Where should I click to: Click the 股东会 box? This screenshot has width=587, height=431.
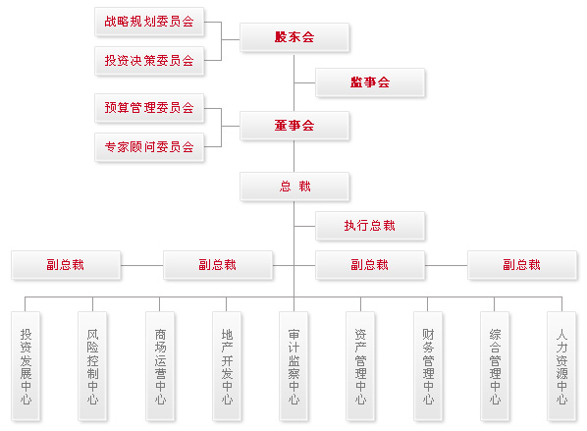pyautogui.click(x=294, y=37)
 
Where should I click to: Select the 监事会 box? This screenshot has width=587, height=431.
pyautogui.click(x=370, y=82)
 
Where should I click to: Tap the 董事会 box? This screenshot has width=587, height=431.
pyautogui.click(x=294, y=126)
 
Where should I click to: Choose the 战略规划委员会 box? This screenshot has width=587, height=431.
pyautogui.click(x=149, y=22)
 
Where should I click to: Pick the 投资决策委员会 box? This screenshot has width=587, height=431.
pyautogui.click(x=149, y=61)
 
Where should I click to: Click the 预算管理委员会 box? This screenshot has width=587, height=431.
pyautogui.click(x=149, y=108)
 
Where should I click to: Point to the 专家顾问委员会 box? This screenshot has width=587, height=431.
pyautogui.click(x=149, y=147)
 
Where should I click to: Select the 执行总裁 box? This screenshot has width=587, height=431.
pyautogui.click(x=370, y=226)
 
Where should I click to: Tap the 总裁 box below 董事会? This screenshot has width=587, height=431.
pyautogui.click(x=294, y=187)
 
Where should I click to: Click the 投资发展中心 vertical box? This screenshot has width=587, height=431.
pyautogui.click(x=26, y=366)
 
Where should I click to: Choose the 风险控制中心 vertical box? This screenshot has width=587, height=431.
pyautogui.click(x=92, y=366)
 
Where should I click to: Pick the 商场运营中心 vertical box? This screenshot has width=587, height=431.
pyautogui.click(x=160, y=366)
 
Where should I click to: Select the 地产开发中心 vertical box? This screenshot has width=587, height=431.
pyautogui.click(x=227, y=366)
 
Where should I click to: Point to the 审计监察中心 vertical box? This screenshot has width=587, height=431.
pyautogui.click(x=293, y=366)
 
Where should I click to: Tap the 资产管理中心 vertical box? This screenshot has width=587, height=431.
pyautogui.click(x=360, y=366)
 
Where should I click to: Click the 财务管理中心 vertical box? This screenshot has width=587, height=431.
pyautogui.click(x=428, y=366)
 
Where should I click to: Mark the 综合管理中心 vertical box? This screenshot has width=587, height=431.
pyautogui.click(x=495, y=366)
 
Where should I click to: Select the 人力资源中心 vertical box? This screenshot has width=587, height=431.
pyautogui.click(x=561, y=366)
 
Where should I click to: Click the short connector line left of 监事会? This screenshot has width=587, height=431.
pyautogui.click(x=305, y=82)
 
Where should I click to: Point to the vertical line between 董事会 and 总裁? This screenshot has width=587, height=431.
pyautogui.click(x=293, y=156)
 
